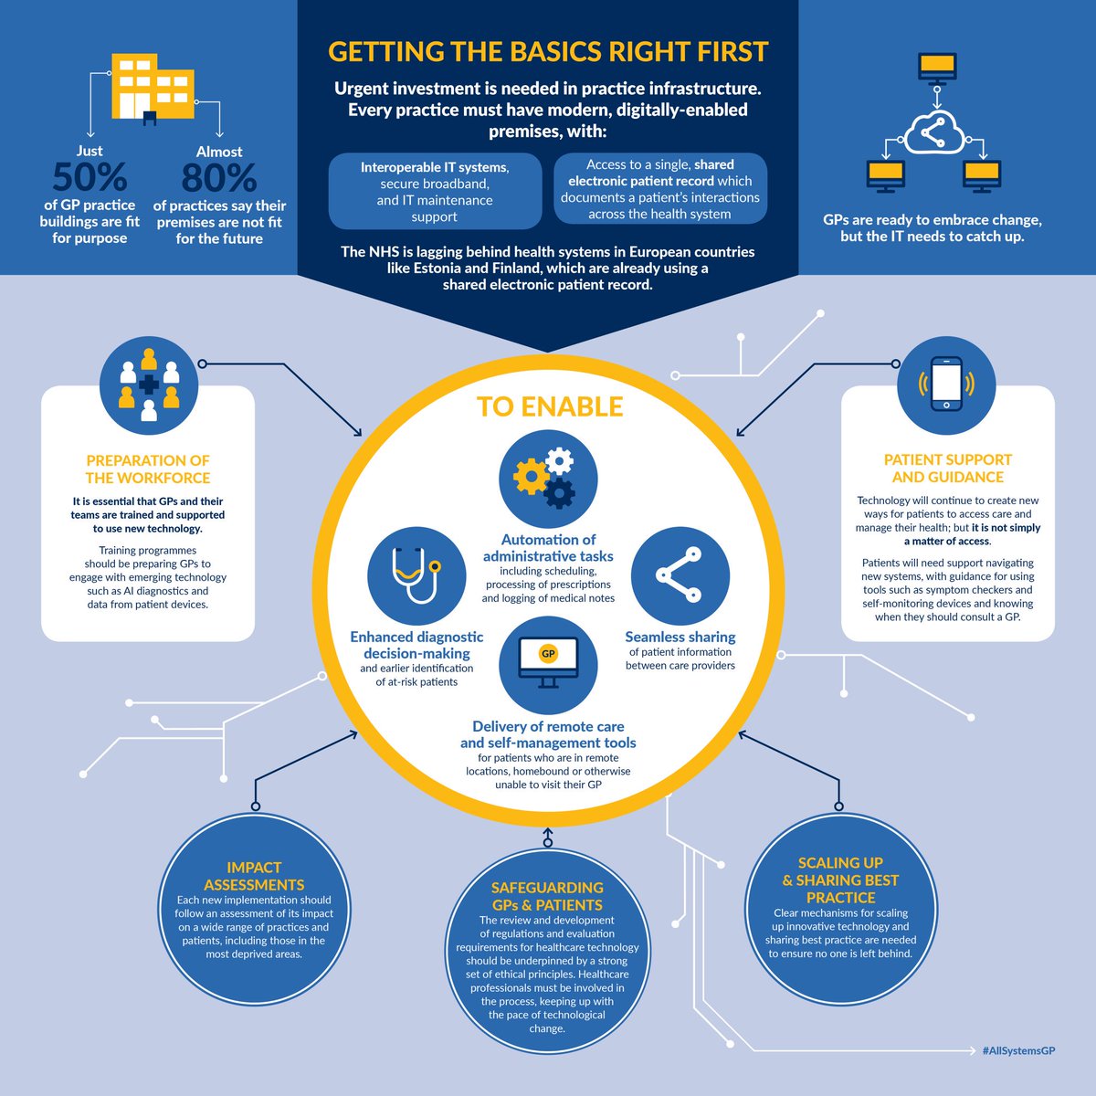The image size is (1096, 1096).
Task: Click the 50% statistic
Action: (90, 177)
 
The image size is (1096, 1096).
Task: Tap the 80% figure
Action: (219, 177)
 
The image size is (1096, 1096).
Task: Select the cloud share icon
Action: (934, 133)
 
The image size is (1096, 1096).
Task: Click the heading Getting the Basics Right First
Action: (548, 52)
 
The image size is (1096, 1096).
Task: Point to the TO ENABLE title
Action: (550, 406)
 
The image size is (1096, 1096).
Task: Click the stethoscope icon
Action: (416, 575)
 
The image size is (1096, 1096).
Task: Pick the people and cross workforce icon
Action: (149, 385)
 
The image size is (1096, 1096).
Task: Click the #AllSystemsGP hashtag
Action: (1018, 1050)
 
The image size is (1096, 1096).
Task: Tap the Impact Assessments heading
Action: (254, 877)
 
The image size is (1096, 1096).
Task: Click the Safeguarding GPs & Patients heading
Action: (547, 896)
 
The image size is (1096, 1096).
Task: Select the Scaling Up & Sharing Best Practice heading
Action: (840, 880)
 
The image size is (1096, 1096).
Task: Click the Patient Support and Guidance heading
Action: (947, 469)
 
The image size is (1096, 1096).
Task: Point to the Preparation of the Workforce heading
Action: (148, 469)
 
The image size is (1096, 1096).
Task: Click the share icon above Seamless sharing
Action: (680, 575)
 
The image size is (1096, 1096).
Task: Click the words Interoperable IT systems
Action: (435, 167)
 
